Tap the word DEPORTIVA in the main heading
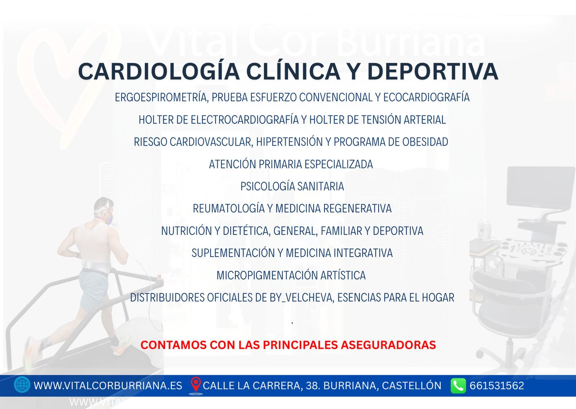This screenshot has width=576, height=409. click(x=433, y=71)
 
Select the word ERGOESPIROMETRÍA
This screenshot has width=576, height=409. click(x=162, y=97)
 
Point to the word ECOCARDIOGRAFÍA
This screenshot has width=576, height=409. click(x=426, y=97)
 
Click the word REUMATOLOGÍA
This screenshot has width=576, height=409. click(x=229, y=209)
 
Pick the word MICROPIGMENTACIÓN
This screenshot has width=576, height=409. click(x=266, y=275)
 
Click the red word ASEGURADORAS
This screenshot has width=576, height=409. click(x=388, y=345)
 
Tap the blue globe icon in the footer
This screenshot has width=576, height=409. click(x=22, y=385)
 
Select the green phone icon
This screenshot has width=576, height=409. click(x=458, y=386)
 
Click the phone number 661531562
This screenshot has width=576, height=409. click(x=497, y=386)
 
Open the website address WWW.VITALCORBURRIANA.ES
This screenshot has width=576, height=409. click(x=108, y=386)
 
